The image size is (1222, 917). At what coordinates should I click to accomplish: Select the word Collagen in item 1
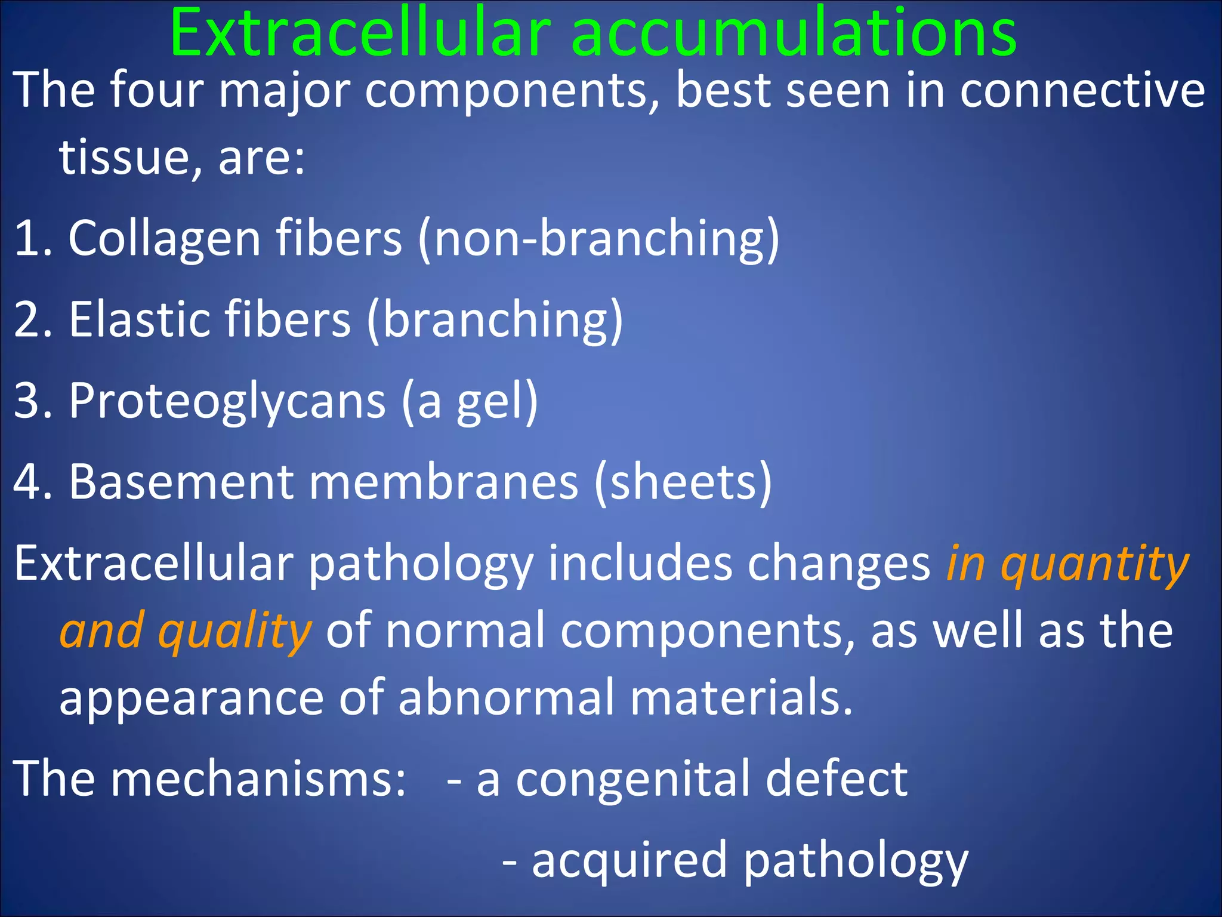click(x=164, y=239)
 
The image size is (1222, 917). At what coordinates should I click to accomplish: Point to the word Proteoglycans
click(x=227, y=401)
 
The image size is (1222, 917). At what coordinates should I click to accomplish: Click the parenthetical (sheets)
click(x=683, y=482)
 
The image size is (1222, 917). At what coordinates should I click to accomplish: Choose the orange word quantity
click(x=1095, y=564)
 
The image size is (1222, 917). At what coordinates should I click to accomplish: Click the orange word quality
click(x=234, y=632)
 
